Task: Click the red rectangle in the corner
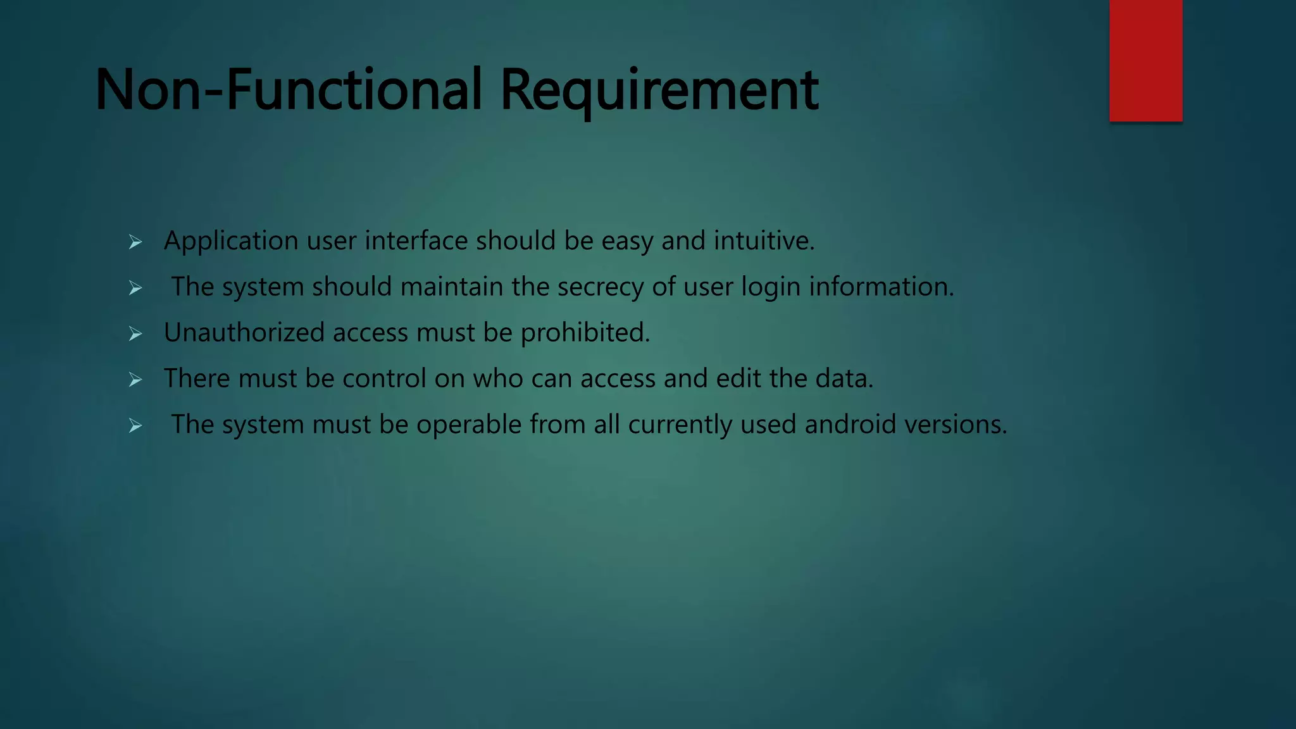point(1145,60)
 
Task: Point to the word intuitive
point(764,240)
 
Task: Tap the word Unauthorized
point(244,332)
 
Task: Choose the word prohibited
point(585,333)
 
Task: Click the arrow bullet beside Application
point(135,242)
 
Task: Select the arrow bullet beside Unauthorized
point(135,333)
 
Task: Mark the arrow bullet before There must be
point(135,380)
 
